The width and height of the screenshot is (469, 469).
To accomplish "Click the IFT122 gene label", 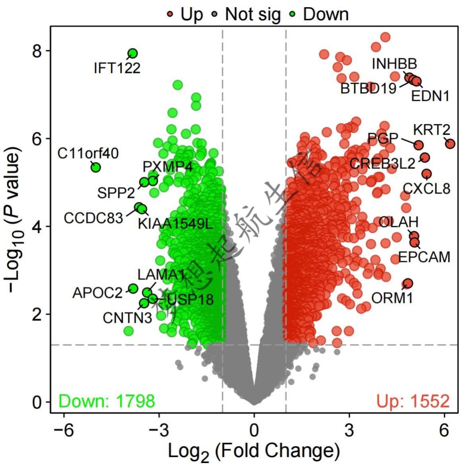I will coord(117,68).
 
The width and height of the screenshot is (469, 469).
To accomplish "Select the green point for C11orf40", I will coord(96,167).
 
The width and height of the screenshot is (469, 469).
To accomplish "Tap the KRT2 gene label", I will coord(432,130).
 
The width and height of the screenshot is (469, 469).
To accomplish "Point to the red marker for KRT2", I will coord(450,144).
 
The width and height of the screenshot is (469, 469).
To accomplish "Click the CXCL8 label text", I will coord(426,188).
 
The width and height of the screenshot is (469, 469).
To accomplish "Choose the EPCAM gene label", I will coord(424,257).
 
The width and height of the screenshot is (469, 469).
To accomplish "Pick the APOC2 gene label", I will coord(97,293).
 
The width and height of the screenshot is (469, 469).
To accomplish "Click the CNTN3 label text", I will coord(127,318).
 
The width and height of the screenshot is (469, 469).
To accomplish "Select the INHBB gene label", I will coord(394,64).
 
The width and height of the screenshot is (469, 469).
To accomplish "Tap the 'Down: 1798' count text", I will coord(106,401).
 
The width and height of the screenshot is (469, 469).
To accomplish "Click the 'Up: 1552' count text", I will coord(413,401).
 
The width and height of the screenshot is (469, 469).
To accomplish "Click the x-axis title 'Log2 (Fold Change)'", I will coord(254,451).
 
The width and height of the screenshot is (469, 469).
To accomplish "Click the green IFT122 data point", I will coord(133,53).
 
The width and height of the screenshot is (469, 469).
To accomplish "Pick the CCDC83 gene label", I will coord(93,219).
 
